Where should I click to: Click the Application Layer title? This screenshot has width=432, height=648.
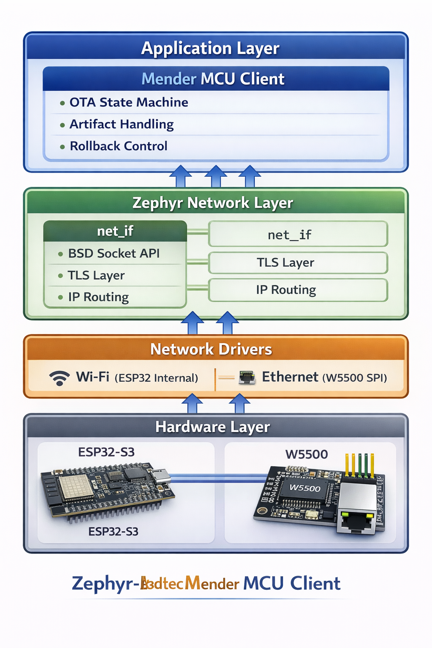tap(210, 48)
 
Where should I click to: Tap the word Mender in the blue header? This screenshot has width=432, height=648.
tap(169, 79)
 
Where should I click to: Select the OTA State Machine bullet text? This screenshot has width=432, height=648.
tap(129, 103)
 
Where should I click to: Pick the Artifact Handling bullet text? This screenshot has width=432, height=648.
tap(121, 124)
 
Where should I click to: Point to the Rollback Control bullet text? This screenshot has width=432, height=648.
tap(119, 146)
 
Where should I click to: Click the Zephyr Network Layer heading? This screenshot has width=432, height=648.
tap(213, 203)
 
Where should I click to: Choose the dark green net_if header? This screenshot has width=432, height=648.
tap(115, 231)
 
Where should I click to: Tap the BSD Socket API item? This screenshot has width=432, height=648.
tap(114, 254)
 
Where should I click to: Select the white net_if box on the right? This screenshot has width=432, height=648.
tap(298, 235)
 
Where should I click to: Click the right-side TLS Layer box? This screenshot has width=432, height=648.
tap(298, 263)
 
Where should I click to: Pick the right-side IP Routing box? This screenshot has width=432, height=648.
tap(298, 290)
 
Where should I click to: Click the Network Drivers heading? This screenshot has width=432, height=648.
tap(211, 349)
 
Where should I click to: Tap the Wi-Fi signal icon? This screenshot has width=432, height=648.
tap(59, 378)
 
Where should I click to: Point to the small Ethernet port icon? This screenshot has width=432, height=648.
tap(247, 377)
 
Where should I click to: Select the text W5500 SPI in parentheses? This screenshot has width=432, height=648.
tap(354, 378)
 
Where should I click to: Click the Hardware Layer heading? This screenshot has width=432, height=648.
tap(213, 427)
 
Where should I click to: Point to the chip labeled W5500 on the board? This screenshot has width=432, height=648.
tap(305, 489)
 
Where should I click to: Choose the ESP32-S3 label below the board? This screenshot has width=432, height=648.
tap(113, 532)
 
